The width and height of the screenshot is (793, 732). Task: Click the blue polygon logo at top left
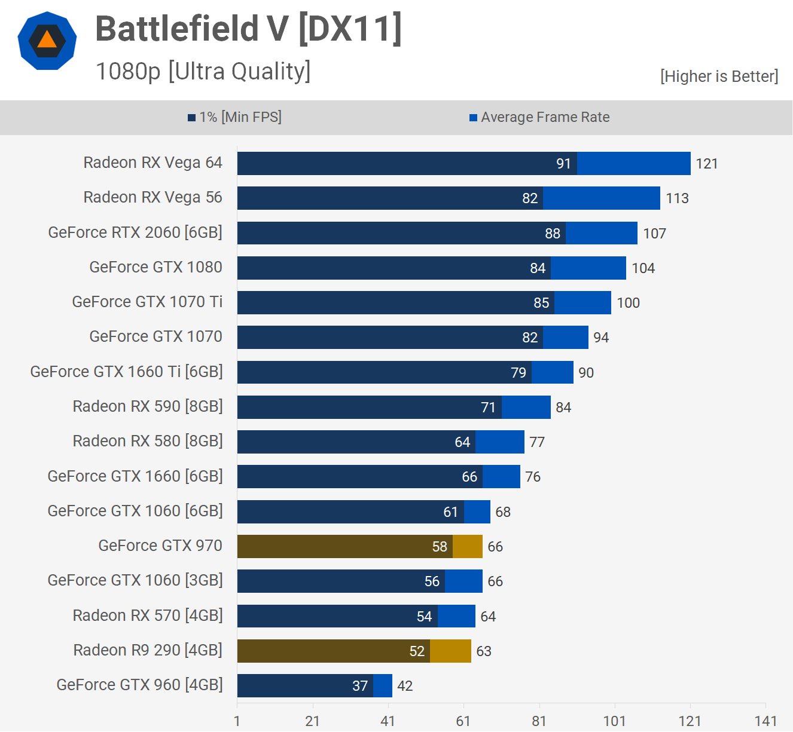[47, 41]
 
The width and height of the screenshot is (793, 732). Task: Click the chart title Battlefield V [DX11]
[248, 29]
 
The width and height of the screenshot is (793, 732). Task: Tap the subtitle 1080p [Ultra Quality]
[203, 72]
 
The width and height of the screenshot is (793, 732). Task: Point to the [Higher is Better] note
[719, 76]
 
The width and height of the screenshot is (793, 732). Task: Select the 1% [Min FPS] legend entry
[234, 117]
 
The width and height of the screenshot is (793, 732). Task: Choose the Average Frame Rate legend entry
[539, 117]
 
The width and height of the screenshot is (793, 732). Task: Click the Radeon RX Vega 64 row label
[152, 163]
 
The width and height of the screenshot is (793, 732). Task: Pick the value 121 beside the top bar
[706, 164]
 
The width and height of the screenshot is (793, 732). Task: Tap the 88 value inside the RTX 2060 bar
[553, 234]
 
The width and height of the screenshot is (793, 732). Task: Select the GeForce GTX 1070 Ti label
[147, 302]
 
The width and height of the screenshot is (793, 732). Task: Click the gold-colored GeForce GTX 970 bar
[359, 546]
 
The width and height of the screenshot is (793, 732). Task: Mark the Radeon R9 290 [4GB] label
[148, 650]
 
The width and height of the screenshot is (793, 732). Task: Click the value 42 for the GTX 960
[405, 686]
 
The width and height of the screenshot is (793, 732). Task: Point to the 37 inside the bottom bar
[360, 686]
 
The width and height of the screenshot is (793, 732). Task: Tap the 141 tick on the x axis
[765, 721]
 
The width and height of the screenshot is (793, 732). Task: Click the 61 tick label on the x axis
[463, 721]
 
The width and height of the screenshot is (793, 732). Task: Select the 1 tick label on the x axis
[237, 721]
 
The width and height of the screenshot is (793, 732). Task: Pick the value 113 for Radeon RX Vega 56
[677, 198]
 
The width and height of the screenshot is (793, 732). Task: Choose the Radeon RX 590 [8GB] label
[148, 406]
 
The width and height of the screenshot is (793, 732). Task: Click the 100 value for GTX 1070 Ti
[628, 303]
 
